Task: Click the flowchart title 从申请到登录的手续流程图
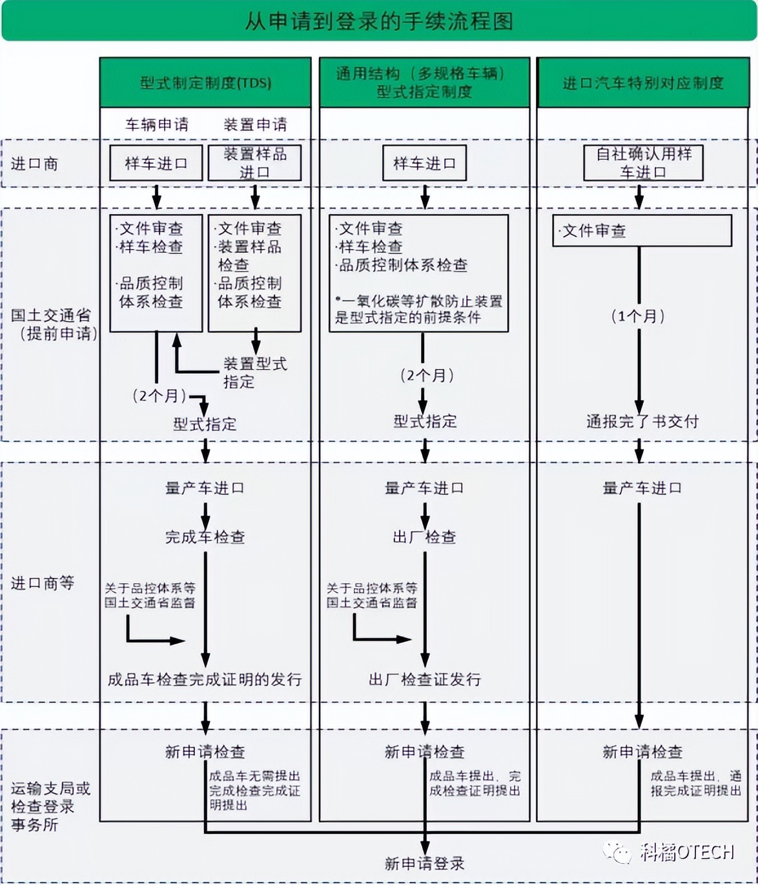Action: point(378,21)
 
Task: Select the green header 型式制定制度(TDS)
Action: point(205,83)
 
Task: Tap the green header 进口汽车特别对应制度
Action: point(642,83)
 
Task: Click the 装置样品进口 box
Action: point(254,163)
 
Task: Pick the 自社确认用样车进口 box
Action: point(643,163)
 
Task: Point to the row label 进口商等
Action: point(43,583)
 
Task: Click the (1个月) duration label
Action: point(638,316)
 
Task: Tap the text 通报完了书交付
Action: point(642,421)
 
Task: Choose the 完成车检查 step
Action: point(205,537)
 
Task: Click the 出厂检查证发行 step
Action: point(425,679)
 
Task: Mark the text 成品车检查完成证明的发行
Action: point(205,679)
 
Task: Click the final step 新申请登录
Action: point(424,863)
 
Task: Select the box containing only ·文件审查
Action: point(642,230)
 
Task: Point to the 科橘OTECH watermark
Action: point(671,852)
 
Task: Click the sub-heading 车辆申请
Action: point(156,124)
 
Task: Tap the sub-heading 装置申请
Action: point(255,124)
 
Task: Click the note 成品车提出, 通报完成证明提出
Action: point(695,783)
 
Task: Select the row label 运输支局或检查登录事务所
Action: point(50,806)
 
